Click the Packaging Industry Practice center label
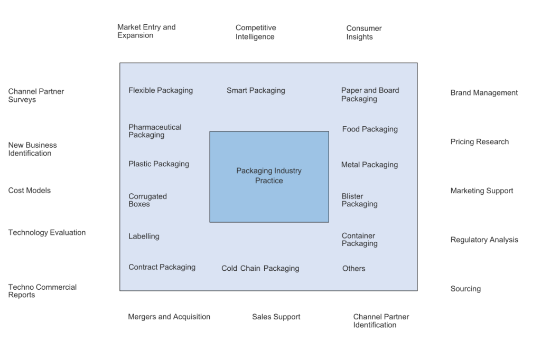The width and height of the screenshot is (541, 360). tap(269, 176)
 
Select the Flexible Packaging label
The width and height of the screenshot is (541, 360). tap(161, 90)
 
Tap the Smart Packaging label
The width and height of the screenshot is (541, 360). tap(256, 90)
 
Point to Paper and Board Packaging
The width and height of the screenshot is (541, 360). tap(370, 94)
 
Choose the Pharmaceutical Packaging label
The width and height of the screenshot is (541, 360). tap(155, 131)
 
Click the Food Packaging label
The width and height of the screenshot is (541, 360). tap(370, 129)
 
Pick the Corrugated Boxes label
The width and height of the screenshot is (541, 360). tap(147, 200)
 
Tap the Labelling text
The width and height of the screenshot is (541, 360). tap(144, 236)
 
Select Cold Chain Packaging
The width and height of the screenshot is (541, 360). tap(260, 268)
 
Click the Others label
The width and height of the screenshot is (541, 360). tap(353, 268)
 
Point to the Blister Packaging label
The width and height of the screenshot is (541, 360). tap(359, 200)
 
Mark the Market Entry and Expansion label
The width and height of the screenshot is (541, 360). tap(146, 31)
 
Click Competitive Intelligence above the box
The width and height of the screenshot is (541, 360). tap(256, 32)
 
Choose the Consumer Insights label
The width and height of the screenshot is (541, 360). tap(364, 32)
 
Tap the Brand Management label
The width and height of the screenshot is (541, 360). tap(484, 93)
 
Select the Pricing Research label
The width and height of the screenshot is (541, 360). tap(479, 142)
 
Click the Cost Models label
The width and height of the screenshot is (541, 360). tap(30, 191)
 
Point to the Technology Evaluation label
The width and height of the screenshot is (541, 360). tap(47, 232)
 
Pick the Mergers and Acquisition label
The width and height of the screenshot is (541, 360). tap(169, 317)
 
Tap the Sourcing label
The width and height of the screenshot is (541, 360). tap(465, 289)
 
